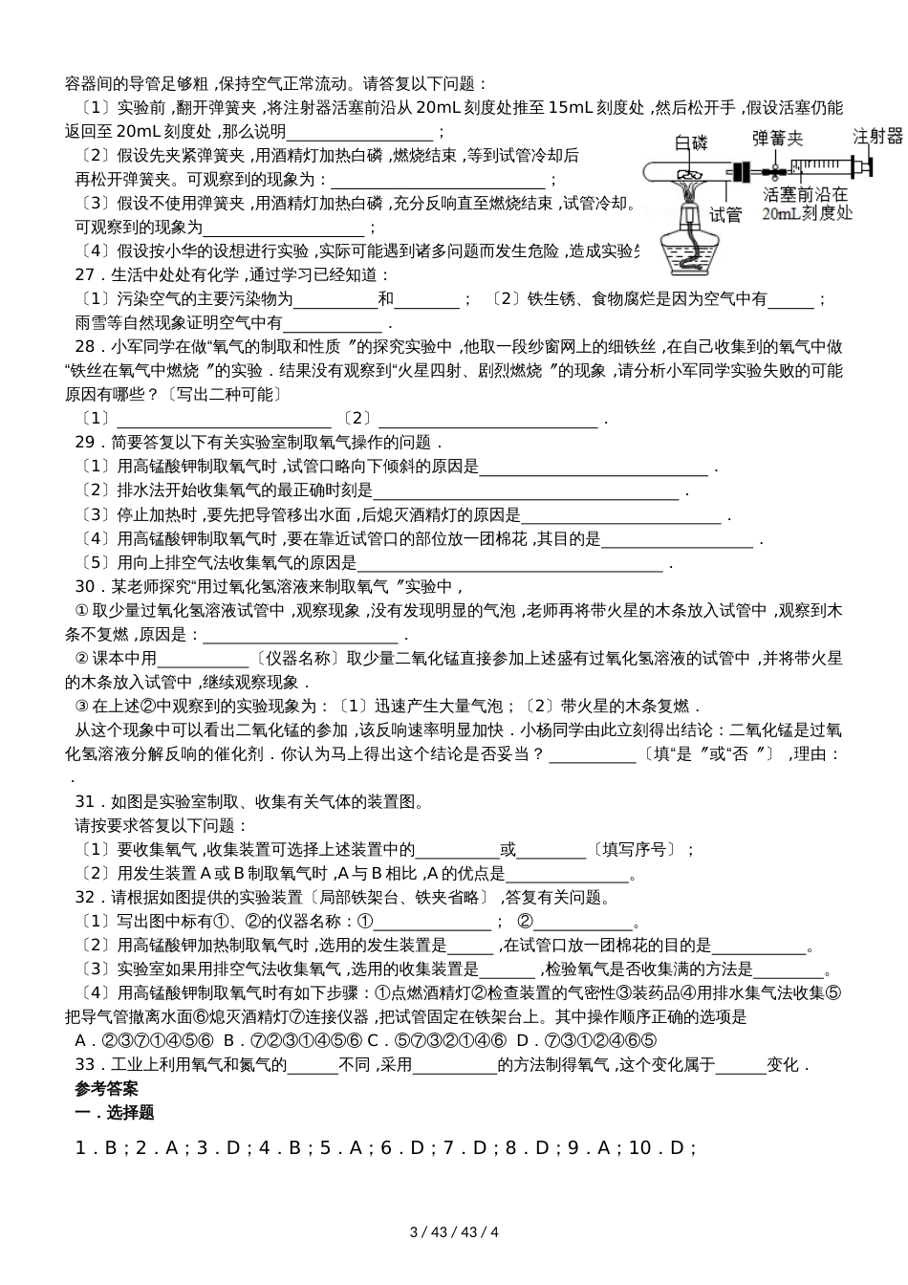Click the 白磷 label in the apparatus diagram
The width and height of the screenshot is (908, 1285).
pos(691,143)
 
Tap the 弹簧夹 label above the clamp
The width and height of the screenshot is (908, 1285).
pos(780,138)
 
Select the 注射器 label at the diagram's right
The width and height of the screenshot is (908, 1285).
pos(877,136)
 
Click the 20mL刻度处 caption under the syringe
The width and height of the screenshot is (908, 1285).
pos(808,214)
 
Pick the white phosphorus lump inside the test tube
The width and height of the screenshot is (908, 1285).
pos(686,175)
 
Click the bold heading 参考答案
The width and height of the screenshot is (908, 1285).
pos(106,1089)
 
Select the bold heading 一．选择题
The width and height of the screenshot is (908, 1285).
pos(114,1113)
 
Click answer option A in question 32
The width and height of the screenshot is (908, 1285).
pos(81,1041)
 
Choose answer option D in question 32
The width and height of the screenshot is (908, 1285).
pos(522,1041)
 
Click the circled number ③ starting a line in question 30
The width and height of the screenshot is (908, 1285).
pos(81,707)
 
